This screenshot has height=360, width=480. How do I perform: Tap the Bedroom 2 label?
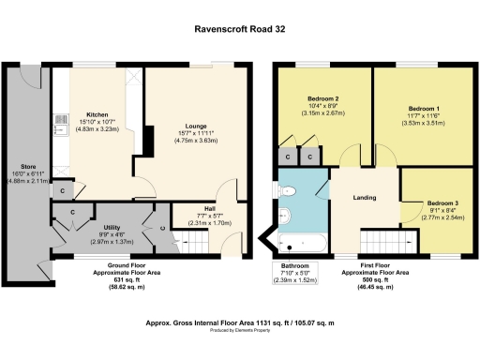(x=322, y=99)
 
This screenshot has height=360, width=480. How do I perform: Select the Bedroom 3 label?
(x=443, y=202)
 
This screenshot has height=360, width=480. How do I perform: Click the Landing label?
(x=364, y=197)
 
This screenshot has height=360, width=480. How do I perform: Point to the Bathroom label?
(x=301, y=266)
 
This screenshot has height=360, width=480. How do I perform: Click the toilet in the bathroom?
(x=291, y=192)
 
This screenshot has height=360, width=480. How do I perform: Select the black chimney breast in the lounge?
(x=146, y=141)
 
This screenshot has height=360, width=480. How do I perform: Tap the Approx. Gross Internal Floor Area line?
(x=239, y=321)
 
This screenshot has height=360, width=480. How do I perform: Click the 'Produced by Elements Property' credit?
(x=239, y=330)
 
